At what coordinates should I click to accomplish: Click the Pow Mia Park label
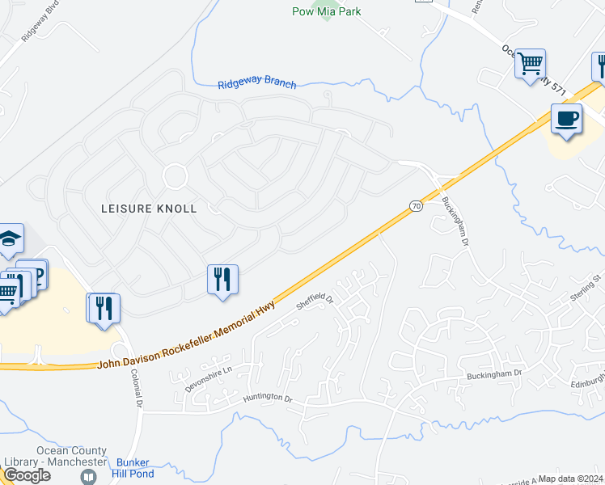click(x=326, y=11)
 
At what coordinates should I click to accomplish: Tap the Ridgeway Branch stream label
click(x=257, y=84)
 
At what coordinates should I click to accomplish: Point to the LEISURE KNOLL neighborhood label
click(x=149, y=208)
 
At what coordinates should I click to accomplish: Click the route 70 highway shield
click(x=416, y=206)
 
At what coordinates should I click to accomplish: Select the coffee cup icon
click(x=566, y=119)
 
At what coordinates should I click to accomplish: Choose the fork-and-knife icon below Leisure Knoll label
click(x=222, y=279)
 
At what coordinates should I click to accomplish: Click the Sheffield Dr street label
click(x=314, y=302)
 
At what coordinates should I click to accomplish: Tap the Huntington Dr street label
click(x=264, y=398)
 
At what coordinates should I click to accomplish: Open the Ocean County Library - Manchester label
click(x=71, y=456)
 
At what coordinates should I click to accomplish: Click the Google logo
click(x=26, y=474)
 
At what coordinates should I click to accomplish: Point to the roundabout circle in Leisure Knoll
click(x=175, y=175)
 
